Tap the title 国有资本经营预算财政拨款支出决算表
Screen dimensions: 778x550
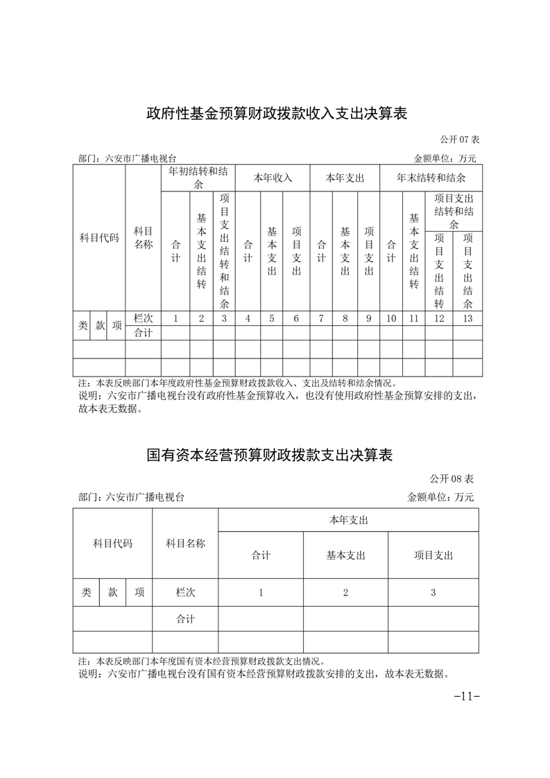coord(270,456)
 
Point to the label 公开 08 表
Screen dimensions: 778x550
coord(451,478)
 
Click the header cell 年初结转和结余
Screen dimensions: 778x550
coord(198,178)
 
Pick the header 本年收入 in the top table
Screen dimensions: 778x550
coord(273,178)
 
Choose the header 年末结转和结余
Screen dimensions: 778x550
coord(431,178)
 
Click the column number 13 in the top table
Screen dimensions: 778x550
coord(467,318)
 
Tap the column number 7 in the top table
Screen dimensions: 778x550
coord(321,318)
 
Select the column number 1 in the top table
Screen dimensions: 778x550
coord(175,318)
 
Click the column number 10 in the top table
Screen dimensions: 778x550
coord(391,318)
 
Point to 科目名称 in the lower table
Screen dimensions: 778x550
coord(185,544)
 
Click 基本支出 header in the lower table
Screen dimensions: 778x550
coord(345,555)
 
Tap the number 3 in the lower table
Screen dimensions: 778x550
coord(433,592)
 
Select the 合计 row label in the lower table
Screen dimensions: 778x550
coord(185,619)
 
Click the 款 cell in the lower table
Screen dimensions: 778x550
coord(112,592)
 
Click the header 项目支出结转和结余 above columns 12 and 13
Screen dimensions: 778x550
coord(454,211)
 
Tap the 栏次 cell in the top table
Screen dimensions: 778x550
coord(143,318)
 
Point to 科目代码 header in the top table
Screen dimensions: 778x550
coord(99,238)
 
